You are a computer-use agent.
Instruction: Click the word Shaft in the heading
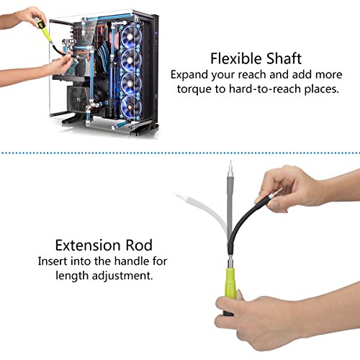tap(284, 59)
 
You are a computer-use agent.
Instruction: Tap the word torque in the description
tap(194, 89)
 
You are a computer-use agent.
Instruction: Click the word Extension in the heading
tap(88, 246)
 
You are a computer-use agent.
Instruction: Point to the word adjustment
tap(122, 276)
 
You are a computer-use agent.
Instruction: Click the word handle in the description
tap(130, 261)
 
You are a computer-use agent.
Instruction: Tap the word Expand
tap(189, 75)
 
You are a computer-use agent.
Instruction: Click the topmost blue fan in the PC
tap(131, 35)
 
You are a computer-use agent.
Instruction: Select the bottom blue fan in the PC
tap(130, 107)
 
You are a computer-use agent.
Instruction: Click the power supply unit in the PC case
tap(76, 99)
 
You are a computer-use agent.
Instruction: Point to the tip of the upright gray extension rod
tap(230, 160)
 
